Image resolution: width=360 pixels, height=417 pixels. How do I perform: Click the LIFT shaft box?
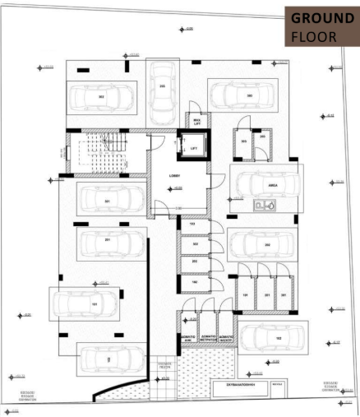point(194,147)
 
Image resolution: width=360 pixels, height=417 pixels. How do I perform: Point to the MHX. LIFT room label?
point(196,120)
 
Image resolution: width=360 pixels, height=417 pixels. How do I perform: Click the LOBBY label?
point(174,175)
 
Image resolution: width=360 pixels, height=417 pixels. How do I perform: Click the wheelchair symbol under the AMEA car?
point(264,207)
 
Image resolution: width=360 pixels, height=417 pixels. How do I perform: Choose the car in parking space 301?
point(108,199)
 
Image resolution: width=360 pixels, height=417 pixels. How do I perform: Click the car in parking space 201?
point(108,241)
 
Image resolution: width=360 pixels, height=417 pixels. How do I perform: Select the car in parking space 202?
point(267,245)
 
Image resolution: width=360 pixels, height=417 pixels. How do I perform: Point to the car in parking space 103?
point(108,359)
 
